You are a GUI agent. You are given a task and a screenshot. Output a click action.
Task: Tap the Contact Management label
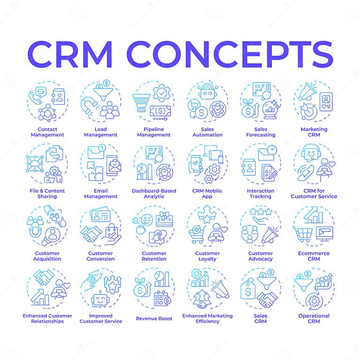[47, 132]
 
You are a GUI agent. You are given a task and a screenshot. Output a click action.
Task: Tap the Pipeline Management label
[154, 132]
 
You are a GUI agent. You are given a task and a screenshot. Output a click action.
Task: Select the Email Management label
[101, 194]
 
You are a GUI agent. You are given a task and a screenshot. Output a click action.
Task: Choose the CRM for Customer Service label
[314, 194]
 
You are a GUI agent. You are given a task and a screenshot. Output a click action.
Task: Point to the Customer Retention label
[154, 256]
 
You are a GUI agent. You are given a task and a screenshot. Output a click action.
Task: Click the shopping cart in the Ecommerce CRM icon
[302, 233]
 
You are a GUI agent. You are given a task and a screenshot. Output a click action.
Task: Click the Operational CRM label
[314, 318]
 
